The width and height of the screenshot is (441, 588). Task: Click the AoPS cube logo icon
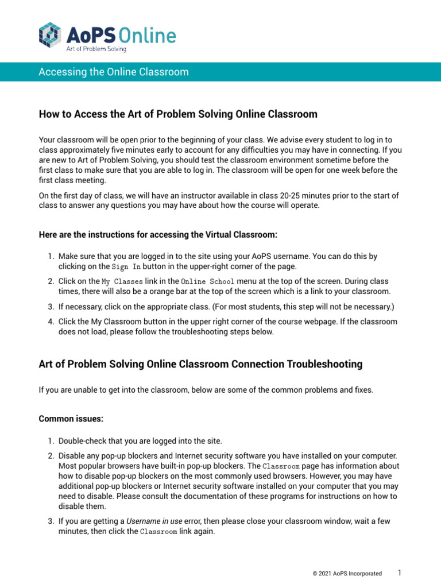(x=49, y=36)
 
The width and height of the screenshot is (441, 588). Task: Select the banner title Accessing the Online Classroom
(x=114, y=72)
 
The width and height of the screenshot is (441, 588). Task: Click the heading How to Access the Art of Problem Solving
(x=178, y=114)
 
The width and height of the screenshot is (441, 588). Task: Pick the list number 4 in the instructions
(x=51, y=322)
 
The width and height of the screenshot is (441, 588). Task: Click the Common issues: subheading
(x=71, y=419)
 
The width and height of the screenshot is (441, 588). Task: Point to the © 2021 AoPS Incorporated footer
(x=347, y=574)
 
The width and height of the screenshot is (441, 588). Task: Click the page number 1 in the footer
(x=399, y=572)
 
